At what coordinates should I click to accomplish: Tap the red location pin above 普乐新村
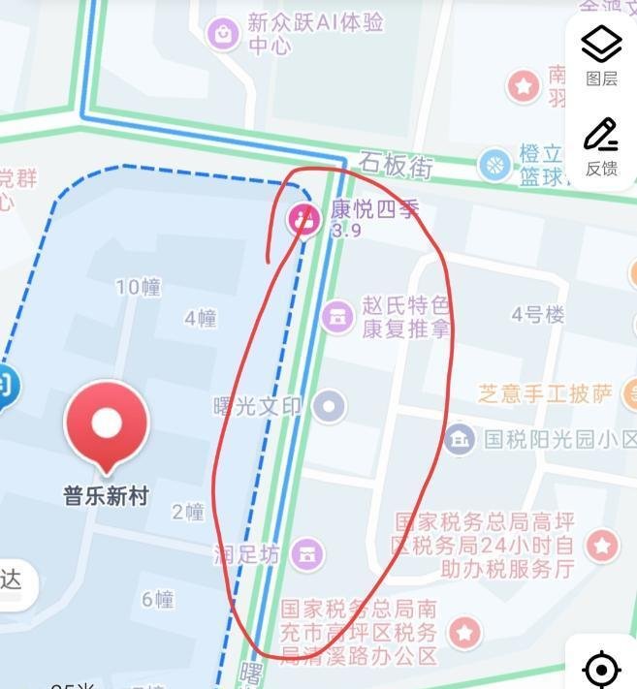click(x=106, y=423)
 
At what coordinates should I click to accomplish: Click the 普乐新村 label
click(x=106, y=496)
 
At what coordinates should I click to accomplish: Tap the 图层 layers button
click(x=601, y=56)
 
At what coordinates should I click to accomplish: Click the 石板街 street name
click(x=395, y=165)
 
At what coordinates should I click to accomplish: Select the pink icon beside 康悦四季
click(x=304, y=219)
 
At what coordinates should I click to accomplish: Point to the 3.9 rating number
click(x=346, y=231)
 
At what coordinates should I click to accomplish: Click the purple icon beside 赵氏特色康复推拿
click(x=337, y=315)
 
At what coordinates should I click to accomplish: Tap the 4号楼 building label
click(x=538, y=314)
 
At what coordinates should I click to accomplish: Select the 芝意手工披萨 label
click(x=546, y=393)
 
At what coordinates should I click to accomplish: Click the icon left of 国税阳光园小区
click(x=460, y=438)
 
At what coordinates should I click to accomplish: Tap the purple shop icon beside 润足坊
click(x=307, y=553)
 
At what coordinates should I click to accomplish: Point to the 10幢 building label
click(x=138, y=287)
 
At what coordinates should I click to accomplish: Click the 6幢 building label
click(x=158, y=599)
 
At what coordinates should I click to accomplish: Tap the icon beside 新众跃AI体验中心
click(x=224, y=34)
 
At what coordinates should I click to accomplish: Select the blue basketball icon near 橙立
click(x=495, y=164)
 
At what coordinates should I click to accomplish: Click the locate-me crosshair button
click(x=601, y=669)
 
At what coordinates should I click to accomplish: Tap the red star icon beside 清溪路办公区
click(x=465, y=634)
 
